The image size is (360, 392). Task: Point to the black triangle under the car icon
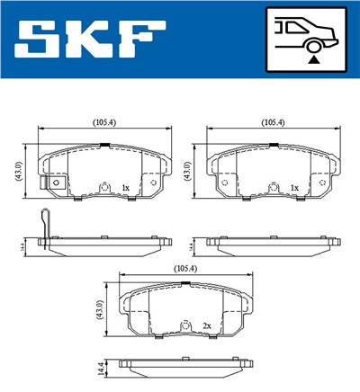click(313, 57)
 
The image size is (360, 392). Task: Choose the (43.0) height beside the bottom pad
click(100, 311)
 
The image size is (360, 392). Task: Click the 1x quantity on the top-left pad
click(125, 187)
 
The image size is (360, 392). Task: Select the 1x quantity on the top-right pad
click(294, 187)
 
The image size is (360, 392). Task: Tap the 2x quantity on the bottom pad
click(206, 325)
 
